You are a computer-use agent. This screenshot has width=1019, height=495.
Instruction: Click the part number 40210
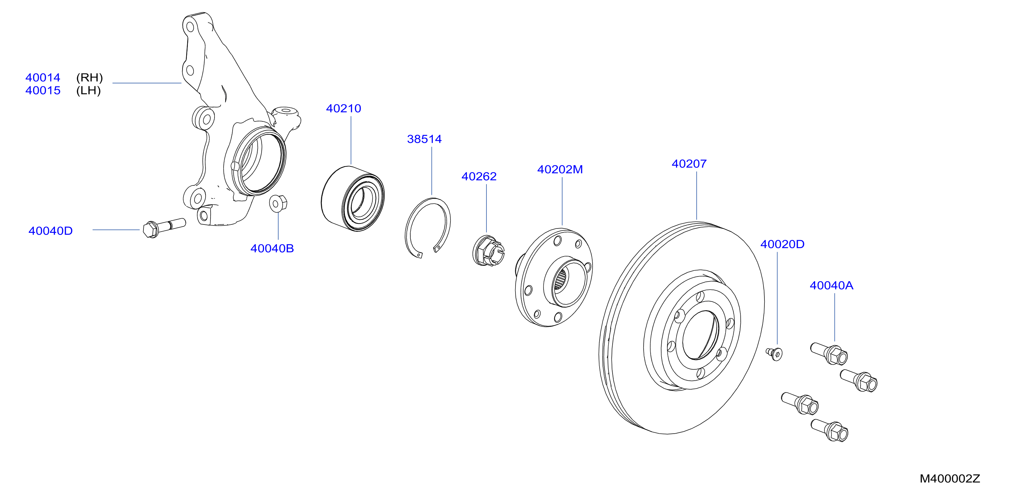point(343,108)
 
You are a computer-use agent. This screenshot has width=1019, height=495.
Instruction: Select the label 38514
point(424,139)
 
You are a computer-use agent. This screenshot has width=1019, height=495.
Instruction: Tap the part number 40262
point(479,176)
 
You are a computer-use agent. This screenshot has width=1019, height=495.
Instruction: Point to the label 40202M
point(560,169)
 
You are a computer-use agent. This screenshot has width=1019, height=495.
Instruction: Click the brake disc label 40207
point(689,164)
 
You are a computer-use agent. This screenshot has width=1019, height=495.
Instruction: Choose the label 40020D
point(782,244)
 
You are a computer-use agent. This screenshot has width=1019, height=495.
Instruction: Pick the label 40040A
point(831,286)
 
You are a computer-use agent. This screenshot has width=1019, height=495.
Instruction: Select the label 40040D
point(50,231)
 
